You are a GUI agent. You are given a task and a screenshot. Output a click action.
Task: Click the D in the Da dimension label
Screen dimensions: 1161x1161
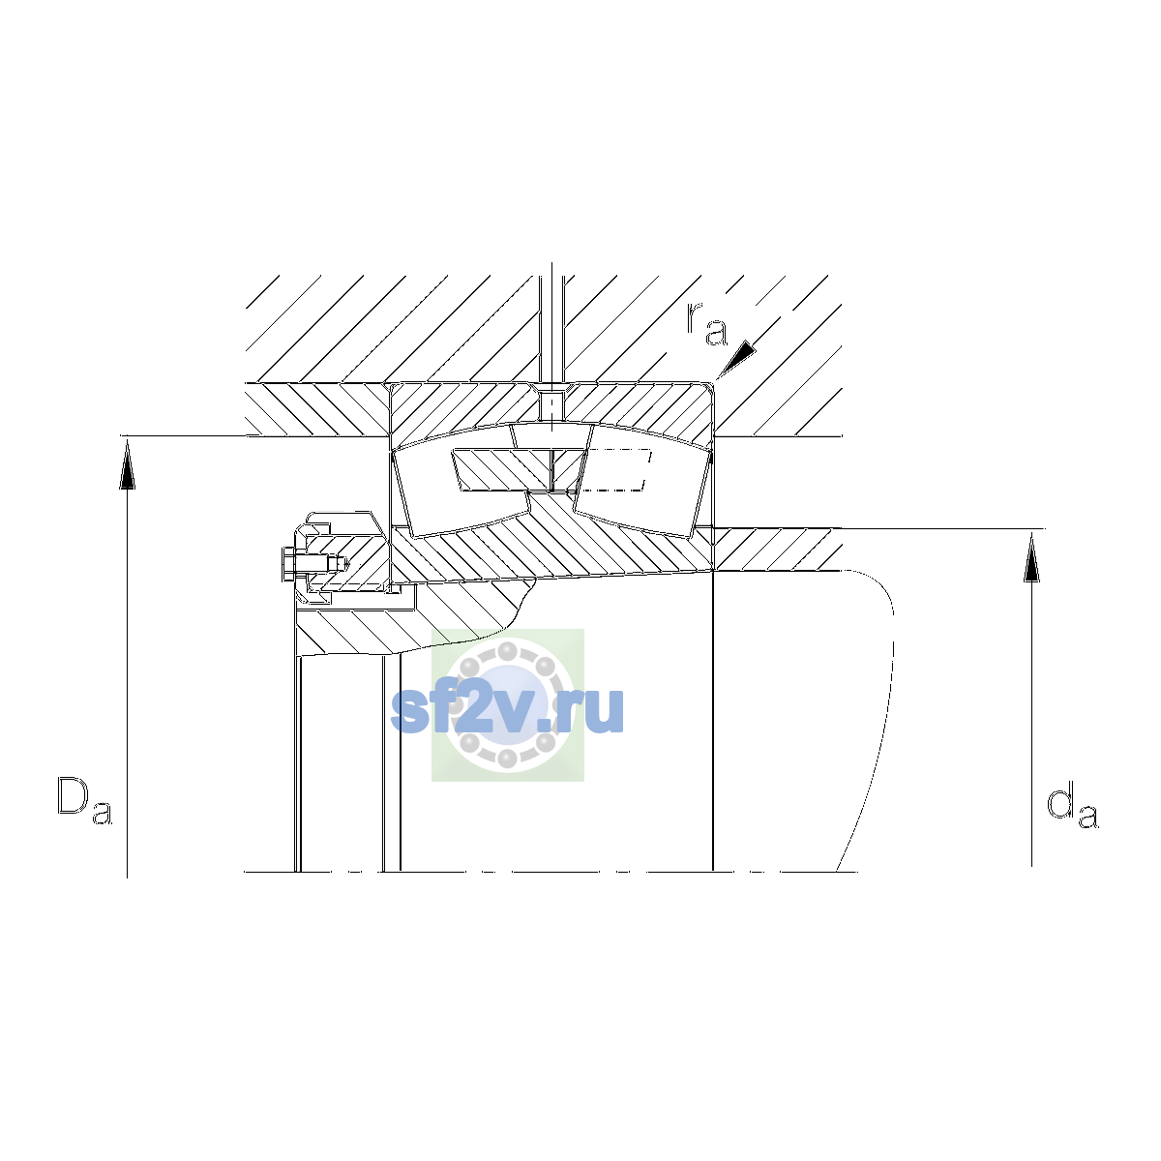pyautogui.click(x=73, y=795)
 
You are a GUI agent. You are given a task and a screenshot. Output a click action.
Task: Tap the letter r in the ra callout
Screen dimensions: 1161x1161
pyautogui.click(x=694, y=317)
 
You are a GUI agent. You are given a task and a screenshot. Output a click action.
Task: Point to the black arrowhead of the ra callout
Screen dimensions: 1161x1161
pyautogui.click(x=735, y=359)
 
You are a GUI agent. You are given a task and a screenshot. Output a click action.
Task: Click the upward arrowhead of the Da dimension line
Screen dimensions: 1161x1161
pyautogui.click(x=127, y=464)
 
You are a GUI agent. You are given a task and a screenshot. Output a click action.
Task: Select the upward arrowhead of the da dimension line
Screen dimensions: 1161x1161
pyautogui.click(x=1031, y=557)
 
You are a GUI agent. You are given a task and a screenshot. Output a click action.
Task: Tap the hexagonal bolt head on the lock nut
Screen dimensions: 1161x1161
pyautogui.click(x=288, y=564)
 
